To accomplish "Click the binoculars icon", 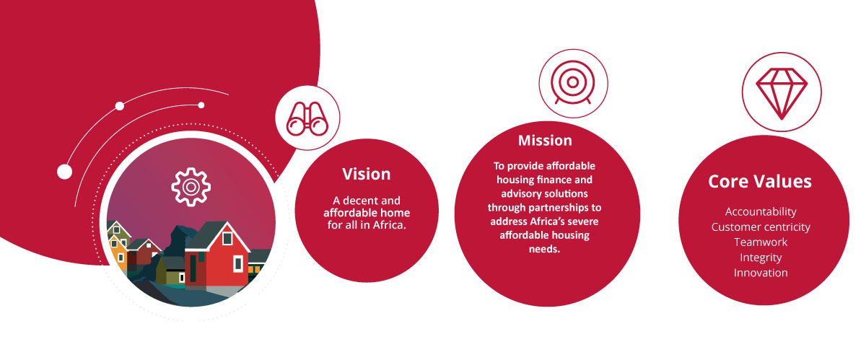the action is coord(307,118).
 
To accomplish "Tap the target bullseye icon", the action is coord(573,82).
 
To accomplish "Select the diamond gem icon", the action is coord(782,94).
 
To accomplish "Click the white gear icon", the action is coord(191,187).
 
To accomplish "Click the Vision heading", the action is coord(366,174).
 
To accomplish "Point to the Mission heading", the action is coord(545,141).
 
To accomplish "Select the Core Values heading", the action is coord(760,181).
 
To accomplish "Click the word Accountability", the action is coord(761,211).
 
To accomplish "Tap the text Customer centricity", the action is coord(761,227).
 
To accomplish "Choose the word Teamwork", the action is coord(761,242).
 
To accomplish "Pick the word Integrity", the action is coord(761,258).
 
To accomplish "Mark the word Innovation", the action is coord(761,273).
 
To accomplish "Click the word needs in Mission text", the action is coord(544,249).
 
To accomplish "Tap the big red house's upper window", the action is coord(227,238).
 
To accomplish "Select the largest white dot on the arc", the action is coord(64,172).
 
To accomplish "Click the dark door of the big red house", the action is coord(193,268).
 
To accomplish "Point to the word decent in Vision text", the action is coord(359,201).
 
